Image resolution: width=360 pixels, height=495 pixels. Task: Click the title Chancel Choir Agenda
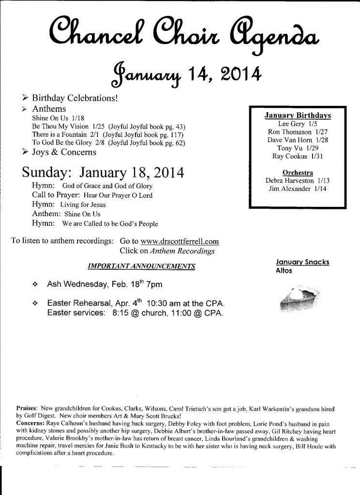click(180, 34)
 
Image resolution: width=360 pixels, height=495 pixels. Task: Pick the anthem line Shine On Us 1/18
click(58, 117)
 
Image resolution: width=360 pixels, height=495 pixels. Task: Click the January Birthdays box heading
click(298, 116)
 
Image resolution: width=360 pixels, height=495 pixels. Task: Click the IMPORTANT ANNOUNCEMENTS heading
click(142, 266)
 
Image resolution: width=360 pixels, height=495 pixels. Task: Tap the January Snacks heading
click(302, 262)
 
